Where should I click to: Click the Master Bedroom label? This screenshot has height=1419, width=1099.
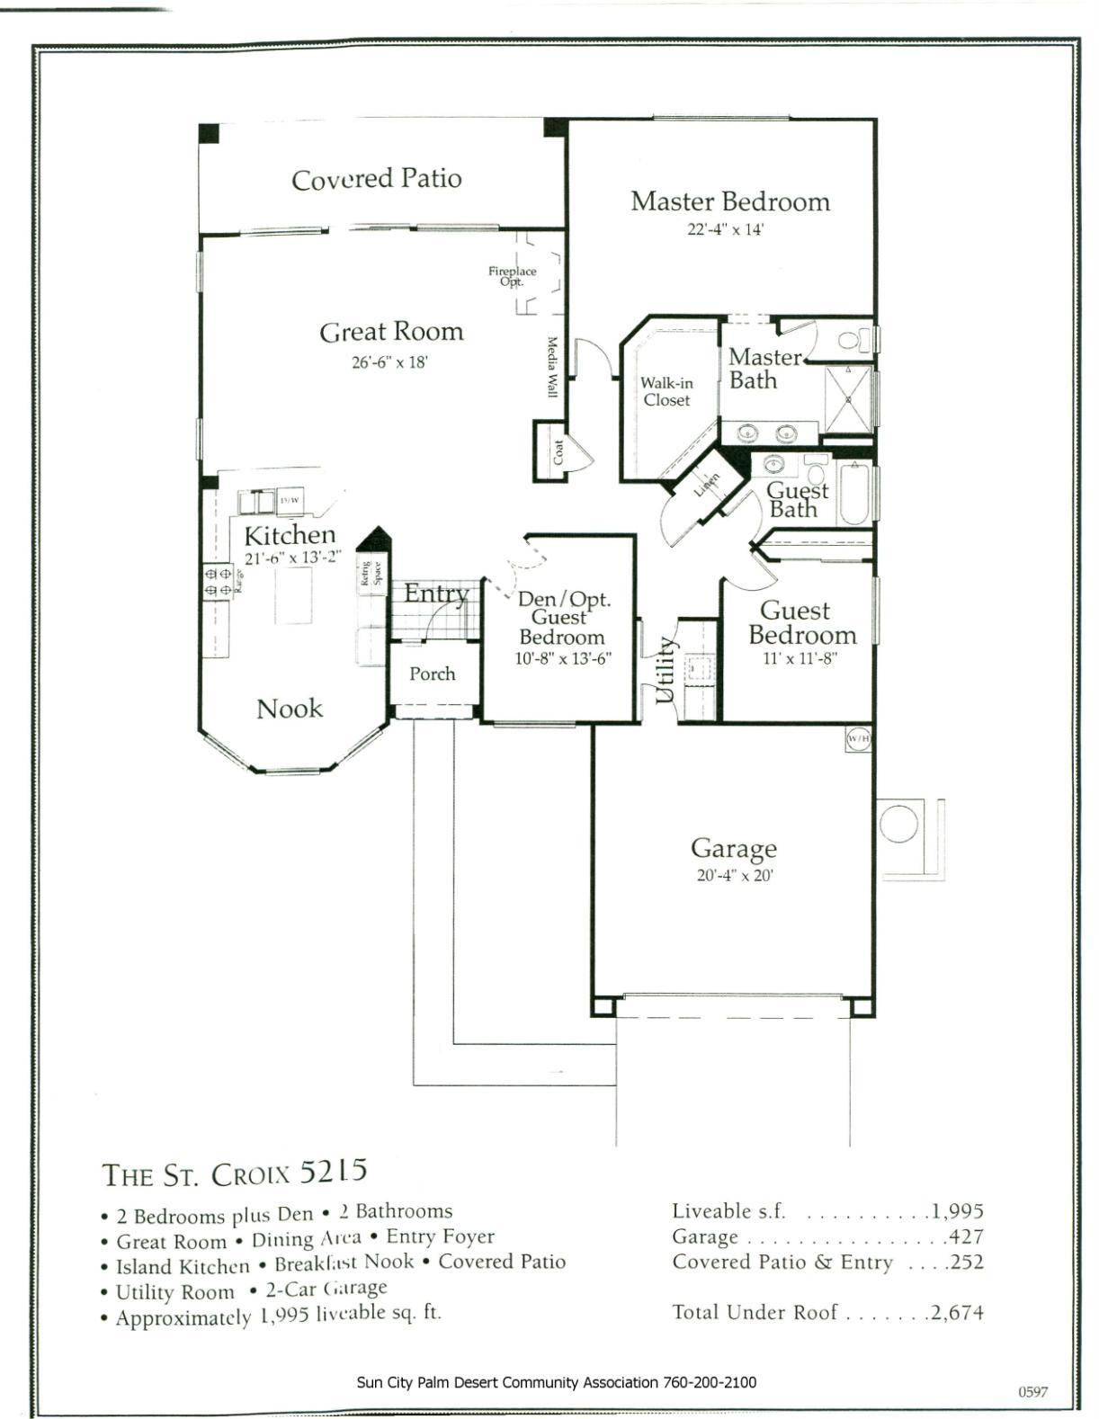pyautogui.click(x=729, y=201)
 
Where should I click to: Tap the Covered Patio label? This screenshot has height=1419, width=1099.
pyautogui.click(x=376, y=179)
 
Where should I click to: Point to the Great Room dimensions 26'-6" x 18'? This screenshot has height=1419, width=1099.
pyautogui.click(x=389, y=363)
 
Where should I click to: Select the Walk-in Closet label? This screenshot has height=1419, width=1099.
pyautogui.click(x=666, y=392)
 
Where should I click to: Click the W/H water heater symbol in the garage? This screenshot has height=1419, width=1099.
pyautogui.click(x=858, y=739)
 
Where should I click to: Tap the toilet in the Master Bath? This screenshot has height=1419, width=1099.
pyautogui.click(x=853, y=340)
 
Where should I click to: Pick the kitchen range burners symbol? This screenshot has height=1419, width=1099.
pyautogui.click(x=218, y=580)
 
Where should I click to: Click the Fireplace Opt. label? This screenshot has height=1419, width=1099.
pyautogui.click(x=512, y=275)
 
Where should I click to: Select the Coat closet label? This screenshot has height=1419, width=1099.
pyautogui.click(x=558, y=451)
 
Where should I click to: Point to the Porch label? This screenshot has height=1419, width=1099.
pyautogui.click(x=432, y=674)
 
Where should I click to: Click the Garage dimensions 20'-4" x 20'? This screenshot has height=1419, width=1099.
pyautogui.click(x=734, y=875)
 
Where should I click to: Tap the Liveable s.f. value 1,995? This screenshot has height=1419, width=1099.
pyautogui.click(x=957, y=1211)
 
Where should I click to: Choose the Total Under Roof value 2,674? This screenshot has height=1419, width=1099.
pyautogui.click(x=957, y=1312)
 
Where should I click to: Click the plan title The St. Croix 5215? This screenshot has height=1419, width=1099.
pyautogui.click(x=235, y=1173)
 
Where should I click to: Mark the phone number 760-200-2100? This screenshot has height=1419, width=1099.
pyautogui.click(x=710, y=1381)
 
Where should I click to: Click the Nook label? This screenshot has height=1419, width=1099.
pyautogui.click(x=289, y=709)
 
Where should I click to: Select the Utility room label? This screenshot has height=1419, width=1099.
pyautogui.click(x=665, y=670)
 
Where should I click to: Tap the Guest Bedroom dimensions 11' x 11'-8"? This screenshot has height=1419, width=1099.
pyautogui.click(x=794, y=657)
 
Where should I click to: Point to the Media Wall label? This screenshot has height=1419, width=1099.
pyautogui.click(x=552, y=368)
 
